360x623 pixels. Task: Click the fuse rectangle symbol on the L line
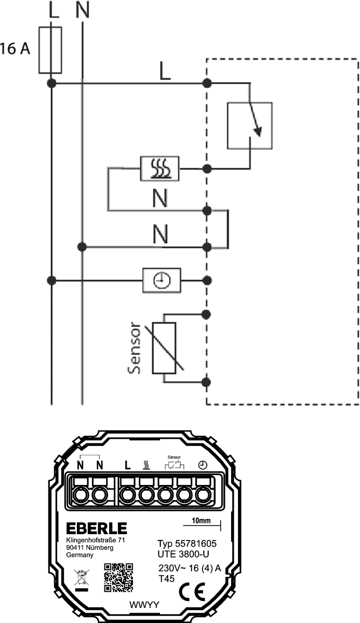(51, 50)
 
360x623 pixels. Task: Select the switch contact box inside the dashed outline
(249, 125)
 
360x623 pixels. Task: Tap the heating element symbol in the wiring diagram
(160, 168)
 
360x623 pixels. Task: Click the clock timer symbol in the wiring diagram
(162, 280)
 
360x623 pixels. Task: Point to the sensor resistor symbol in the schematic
(164, 347)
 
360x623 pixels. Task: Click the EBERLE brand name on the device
(97, 529)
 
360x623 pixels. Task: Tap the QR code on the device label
(119, 578)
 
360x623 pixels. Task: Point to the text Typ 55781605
(186, 544)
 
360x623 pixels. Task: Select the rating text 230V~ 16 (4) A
(190, 568)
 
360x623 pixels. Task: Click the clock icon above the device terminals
(203, 466)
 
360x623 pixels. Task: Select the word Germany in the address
(79, 555)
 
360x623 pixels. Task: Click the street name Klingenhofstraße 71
(97, 540)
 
